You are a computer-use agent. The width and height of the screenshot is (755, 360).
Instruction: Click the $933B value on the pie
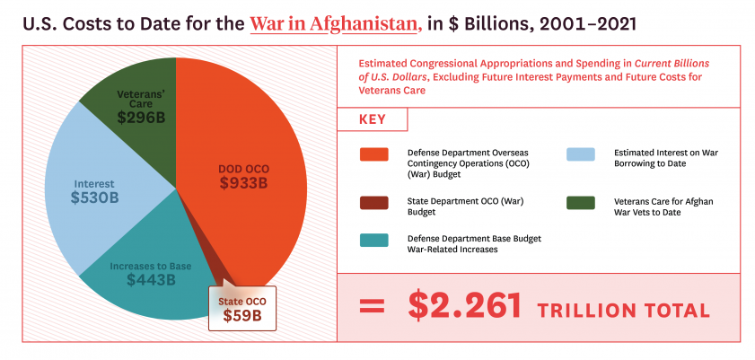[x=243, y=184]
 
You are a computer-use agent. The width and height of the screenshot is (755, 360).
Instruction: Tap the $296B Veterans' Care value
[x=145, y=117]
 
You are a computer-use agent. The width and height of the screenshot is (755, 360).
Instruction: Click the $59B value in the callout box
[x=242, y=315]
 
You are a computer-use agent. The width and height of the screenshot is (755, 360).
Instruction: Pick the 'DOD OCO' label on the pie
[x=243, y=168]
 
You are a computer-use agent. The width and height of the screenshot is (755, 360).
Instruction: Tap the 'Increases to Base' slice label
[x=150, y=266]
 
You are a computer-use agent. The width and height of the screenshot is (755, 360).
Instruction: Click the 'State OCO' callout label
[x=242, y=300]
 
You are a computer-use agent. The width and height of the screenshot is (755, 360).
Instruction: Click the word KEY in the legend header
[x=372, y=120]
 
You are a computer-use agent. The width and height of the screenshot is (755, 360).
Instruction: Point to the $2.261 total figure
[x=464, y=306]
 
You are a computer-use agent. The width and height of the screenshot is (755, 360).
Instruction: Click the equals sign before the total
[x=372, y=307]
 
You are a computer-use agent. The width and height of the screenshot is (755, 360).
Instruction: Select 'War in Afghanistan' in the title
[x=335, y=22]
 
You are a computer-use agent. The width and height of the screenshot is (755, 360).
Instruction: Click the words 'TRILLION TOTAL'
[x=623, y=310]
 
